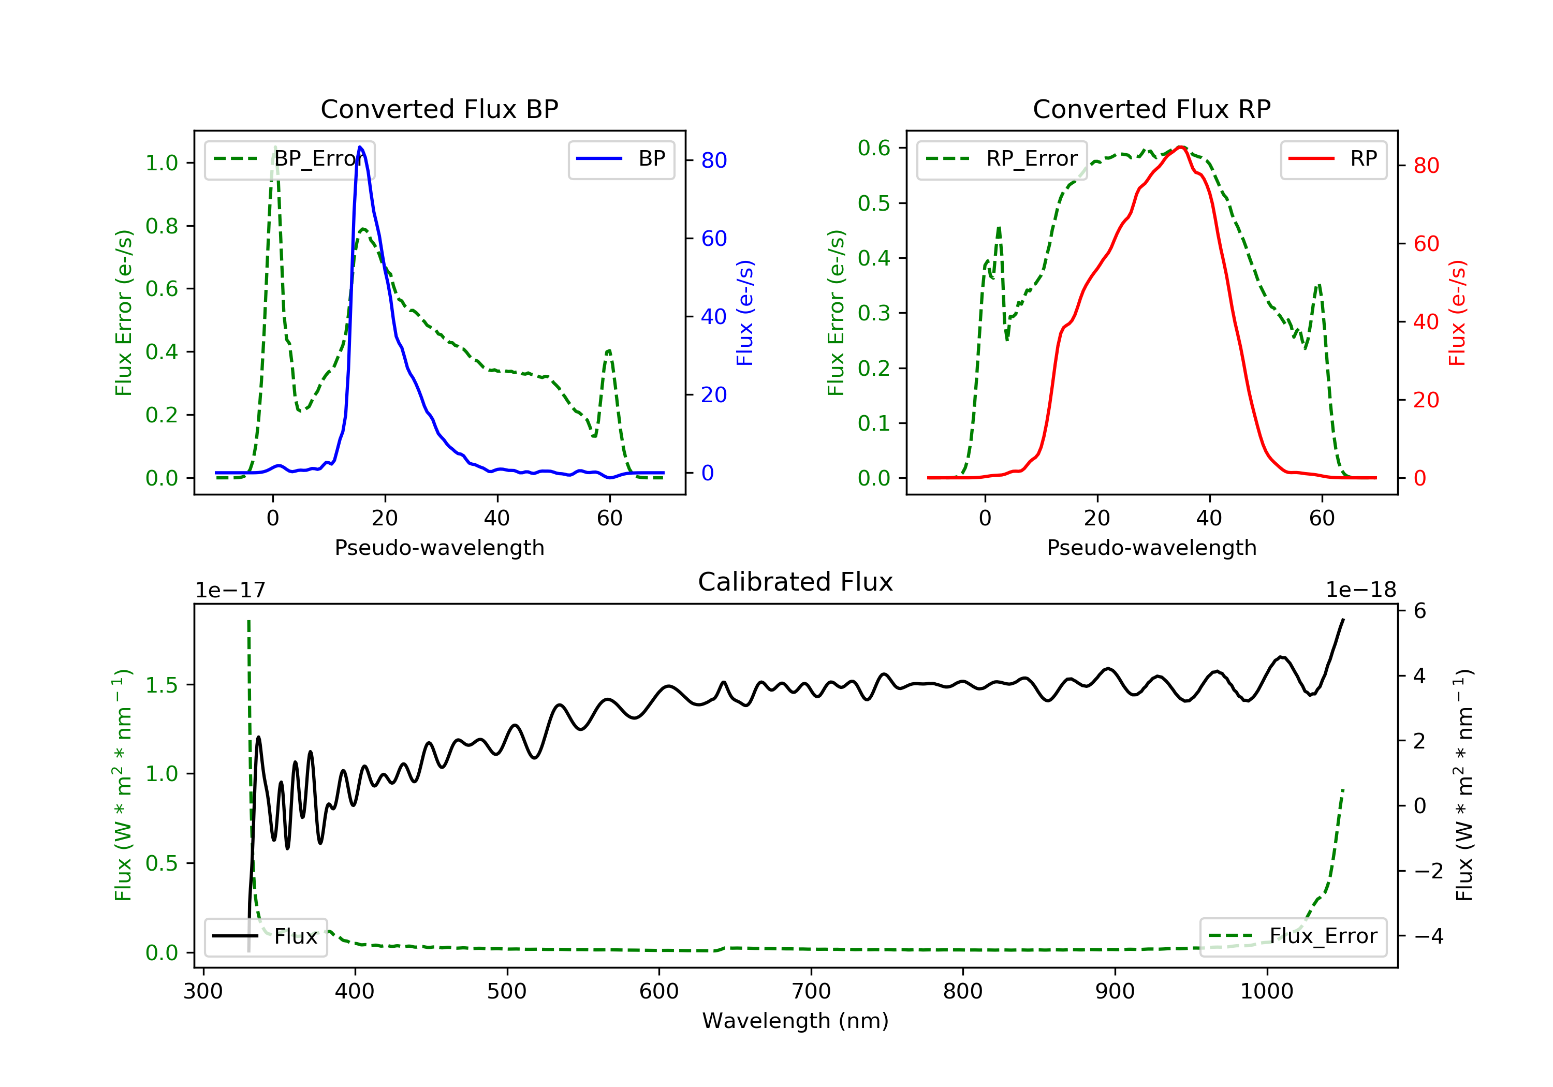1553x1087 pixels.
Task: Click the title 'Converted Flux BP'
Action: click(439, 109)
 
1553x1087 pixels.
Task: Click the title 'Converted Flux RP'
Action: click(1152, 109)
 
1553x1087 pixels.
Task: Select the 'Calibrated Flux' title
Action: click(796, 582)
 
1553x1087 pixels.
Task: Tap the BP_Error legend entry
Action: click(289, 159)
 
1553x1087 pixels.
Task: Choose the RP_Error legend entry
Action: click(1002, 159)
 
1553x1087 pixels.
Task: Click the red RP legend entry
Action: click(1333, 159)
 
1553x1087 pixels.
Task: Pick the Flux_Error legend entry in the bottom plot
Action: click(1293, 936)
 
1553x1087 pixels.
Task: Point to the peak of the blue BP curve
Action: click(360, 147)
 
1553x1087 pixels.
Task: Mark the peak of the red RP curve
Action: click(1180, 147)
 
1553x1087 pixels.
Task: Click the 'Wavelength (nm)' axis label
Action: click(796, 1021)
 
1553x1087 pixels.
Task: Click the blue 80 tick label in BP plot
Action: click(714, 160)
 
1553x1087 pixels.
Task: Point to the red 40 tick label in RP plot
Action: click(1427, 322)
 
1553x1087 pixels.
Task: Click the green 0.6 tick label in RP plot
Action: click(874, 148)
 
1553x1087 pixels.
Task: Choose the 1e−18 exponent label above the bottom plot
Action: click(1361, 590)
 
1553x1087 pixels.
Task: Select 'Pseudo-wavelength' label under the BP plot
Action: click(439, 548)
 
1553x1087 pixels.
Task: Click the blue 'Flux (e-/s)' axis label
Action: click(745, 313)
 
